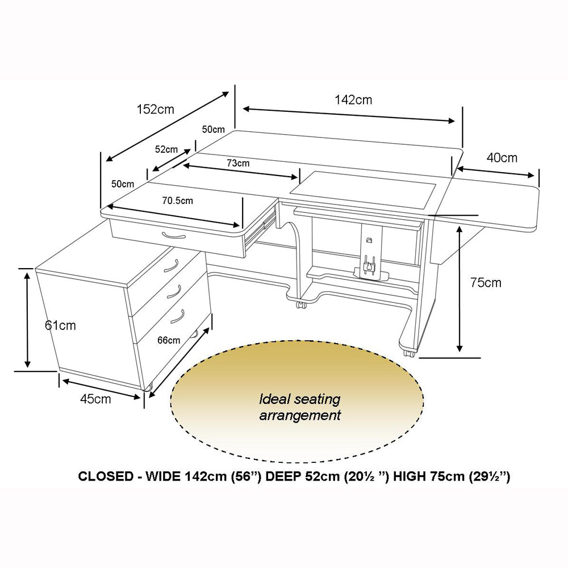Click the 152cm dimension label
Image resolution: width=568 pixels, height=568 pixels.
[x=156, y=109]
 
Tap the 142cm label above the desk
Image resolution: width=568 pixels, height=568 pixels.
[x=353, y=99]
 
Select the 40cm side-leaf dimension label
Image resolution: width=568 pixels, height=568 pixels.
[x=502, y=157]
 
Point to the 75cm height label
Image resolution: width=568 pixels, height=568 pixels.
[x=486, y=282]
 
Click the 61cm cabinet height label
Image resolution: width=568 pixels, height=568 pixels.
[x=60, y=325]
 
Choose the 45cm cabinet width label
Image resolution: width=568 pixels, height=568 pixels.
[x=95, y=399]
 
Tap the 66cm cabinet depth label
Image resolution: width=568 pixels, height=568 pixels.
[x=169, y=340]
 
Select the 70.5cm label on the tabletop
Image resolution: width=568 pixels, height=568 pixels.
[x=177, y=201]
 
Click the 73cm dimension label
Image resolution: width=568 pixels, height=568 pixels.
[x=238, y=163]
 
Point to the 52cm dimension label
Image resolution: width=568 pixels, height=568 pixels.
[x=166, y=149]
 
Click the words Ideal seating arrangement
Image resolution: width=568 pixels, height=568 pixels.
[x=300, y=407]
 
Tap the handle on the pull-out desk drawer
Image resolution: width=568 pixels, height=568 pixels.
[x=174, y=236]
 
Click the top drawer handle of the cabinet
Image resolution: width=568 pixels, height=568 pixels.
[x=171, y=265]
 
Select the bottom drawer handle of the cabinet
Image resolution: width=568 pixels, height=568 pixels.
[x=177, y=316]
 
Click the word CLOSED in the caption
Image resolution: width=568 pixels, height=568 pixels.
[x=106, y=476]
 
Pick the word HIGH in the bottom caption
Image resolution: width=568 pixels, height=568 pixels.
[x=410, y=476]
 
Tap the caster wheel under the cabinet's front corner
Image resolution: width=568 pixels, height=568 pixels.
[x=148, y=387]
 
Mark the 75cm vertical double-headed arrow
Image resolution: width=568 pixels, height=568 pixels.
[x=460, y=289]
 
